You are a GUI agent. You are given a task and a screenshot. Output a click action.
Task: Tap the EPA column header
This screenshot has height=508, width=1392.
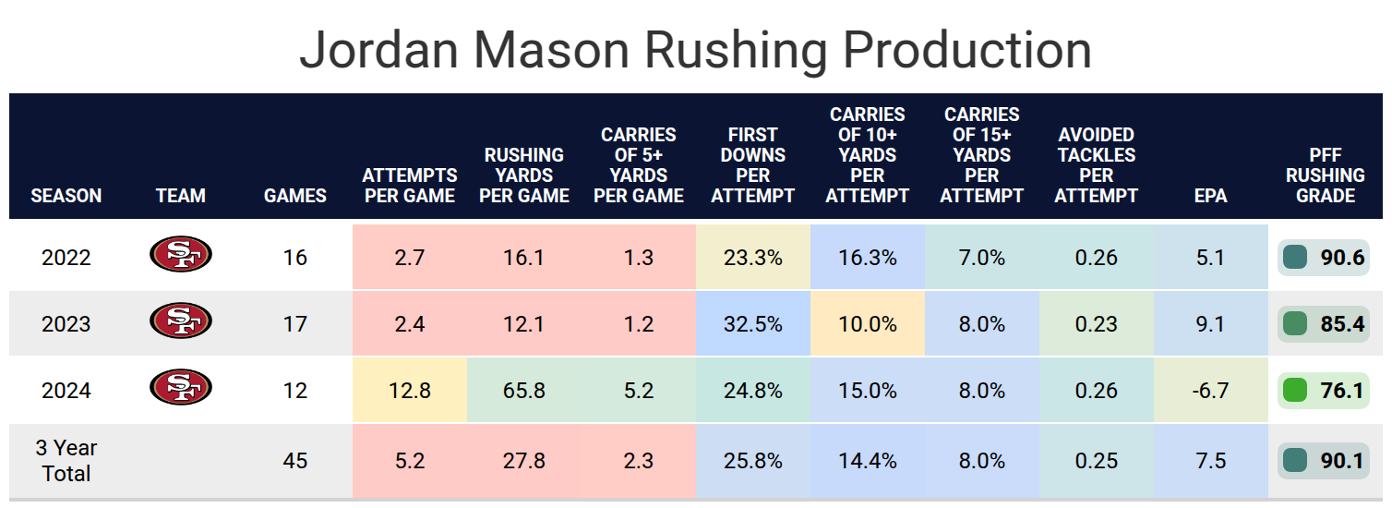pyautogui.click(x=1210, y=196)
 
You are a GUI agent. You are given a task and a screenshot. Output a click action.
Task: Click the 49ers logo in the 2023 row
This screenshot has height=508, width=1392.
pyautogui.click(x=180, y=321)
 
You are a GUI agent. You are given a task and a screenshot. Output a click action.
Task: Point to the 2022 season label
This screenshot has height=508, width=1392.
pyautogui.click(x=66, y=258)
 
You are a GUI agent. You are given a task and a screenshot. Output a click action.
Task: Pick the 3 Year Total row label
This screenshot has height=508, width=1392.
pyautogui.click(x=66, y=461)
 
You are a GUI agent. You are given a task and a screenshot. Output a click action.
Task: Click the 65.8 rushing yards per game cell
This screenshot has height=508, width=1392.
pyautogui.click(x=523, y=391)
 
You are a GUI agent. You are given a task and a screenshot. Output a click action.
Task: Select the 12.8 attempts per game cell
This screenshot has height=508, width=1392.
pyautogui.click(x=409, y=391)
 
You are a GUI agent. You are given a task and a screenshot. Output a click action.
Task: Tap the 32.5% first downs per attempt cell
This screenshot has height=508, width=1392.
pyautogui.click(x=752, y=324)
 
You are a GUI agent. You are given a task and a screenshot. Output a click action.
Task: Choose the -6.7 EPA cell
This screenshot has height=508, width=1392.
pyautogui.click(x=1210, y=391)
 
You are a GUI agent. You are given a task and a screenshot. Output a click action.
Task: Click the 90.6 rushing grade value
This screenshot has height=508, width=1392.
pyautogui.click(x=1341, y=258)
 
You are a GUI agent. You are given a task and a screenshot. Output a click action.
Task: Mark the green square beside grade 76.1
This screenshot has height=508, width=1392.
pyautogui.click(x=1295, y=391)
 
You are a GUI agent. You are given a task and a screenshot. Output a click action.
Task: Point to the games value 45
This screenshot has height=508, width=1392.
pyautogui.click(x=295, y=461)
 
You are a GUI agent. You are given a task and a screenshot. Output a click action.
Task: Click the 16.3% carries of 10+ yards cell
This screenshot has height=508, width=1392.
pyautogui.click(x=867, y=258)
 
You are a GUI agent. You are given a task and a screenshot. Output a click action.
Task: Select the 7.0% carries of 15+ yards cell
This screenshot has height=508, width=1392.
pyautogui.click(x=981, y=258)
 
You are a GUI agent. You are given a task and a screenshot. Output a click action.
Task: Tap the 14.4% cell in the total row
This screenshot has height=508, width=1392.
pyautogui.click(x=867, y=461)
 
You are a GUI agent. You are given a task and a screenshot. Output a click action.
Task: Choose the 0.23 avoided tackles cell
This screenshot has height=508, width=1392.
pyautogui.click(x=1096, y=324)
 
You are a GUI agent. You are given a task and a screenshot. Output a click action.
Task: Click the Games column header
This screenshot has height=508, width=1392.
pyautogui.click(x=295, y=196)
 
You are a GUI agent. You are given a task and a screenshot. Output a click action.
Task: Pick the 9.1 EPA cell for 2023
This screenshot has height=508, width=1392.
pyautogui.click(x=1210, y=324)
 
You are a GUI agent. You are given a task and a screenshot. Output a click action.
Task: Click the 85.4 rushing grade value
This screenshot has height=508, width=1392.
pyautogui.click(x=1341, y=324)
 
